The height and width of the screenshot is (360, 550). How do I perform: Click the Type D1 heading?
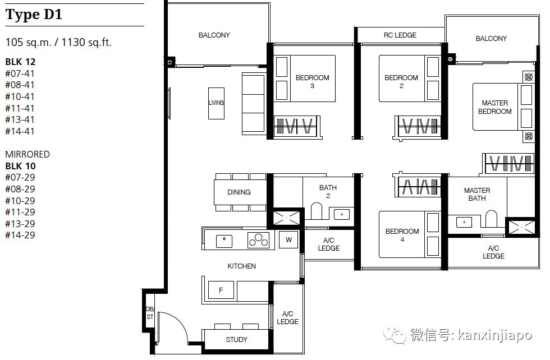34,15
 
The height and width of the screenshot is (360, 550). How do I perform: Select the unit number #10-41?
20,96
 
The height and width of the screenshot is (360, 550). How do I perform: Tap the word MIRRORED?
27,154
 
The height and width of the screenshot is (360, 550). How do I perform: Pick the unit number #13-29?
20,224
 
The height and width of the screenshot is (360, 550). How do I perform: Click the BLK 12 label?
20,62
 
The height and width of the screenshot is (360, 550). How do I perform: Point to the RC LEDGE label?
400,35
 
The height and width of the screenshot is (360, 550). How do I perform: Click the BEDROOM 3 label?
312,81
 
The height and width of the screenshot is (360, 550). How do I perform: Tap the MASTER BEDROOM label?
494,107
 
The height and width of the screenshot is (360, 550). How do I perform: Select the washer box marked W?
288,240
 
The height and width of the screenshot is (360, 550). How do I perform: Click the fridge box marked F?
221,290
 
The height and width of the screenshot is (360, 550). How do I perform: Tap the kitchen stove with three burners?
259,240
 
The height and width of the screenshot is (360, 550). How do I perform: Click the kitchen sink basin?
224,241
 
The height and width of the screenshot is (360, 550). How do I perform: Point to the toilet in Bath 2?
317,211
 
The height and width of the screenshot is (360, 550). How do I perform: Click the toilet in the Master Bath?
491,219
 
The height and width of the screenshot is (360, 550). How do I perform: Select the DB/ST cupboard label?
150,313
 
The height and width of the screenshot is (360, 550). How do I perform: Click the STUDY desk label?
236,339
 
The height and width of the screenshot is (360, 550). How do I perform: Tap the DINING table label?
239,192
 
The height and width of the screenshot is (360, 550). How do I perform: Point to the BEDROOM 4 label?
402,235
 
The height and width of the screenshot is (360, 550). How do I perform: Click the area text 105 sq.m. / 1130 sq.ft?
58,43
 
